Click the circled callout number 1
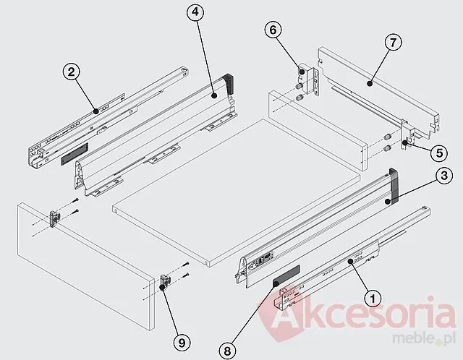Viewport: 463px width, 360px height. pyautogui.click(x=373, y=298)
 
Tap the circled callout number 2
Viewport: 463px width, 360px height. pyautogui.click(x=72, y=72)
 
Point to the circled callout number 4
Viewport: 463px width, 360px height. pyautogui.click(x=195, y=12)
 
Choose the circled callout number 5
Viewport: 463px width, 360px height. pyautogui.click(x=439, y=153)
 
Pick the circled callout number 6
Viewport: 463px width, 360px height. pyautogui.click(x=273, y=30)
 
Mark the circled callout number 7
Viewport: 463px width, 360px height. pyautogui.click(x=394, y=43)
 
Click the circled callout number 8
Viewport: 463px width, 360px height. pyautogui.click(x=227, y=351)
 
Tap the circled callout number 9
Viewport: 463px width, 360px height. pyautogui.click(x=182, y=343)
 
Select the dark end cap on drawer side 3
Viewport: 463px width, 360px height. pyautogui.click(x=394, y=185)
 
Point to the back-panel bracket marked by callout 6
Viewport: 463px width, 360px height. pyautogui.click(x=309, y=80)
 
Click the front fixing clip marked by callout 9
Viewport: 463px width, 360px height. pyautogui.click(x=164, y=282)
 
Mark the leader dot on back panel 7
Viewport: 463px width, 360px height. pyautogui.click(x=369, y=84)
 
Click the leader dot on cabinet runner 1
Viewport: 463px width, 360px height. pyautogui.click(x=350, y=261)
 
